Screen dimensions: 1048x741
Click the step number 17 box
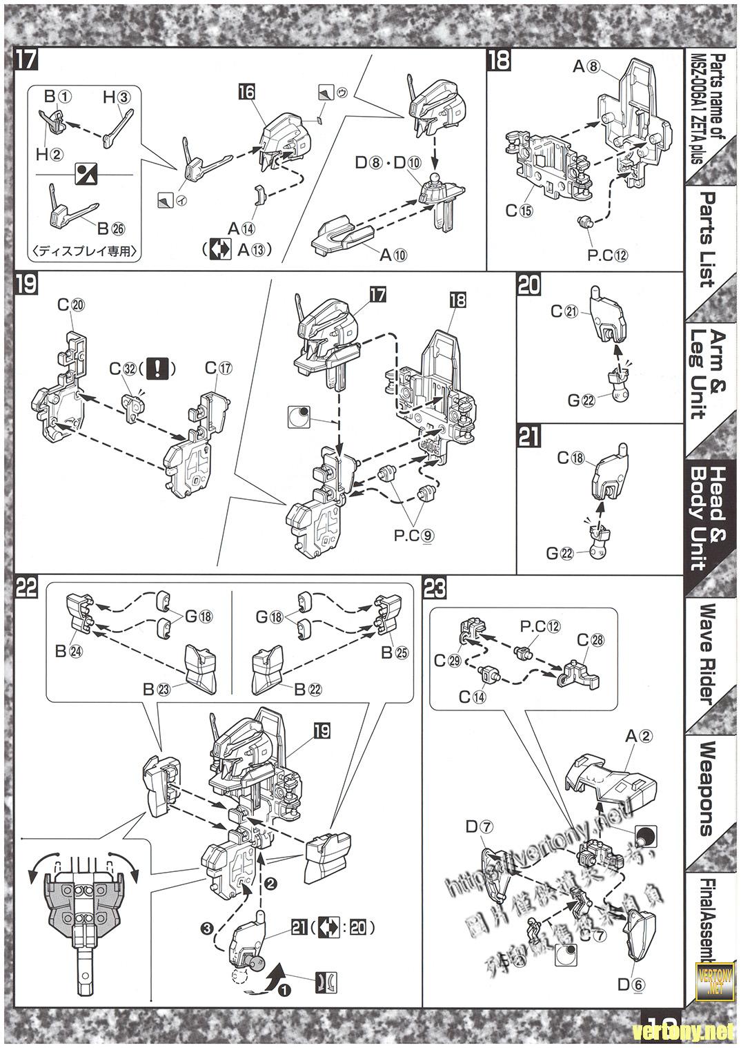(25, 59)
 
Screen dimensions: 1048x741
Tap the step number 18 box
(499, 60)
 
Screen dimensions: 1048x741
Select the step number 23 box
(435, 588)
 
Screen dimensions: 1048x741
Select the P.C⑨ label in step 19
(415, 535)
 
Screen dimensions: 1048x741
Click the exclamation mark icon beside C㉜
(158, 369)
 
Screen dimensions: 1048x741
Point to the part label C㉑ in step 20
(564, 311)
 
